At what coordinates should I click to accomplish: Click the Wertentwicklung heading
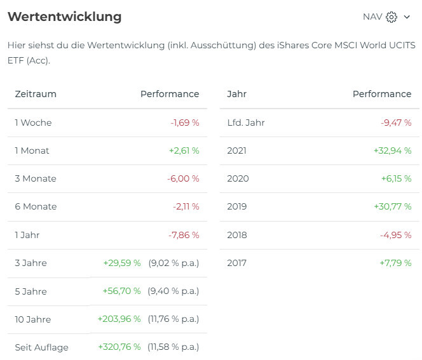(x=64, y=17)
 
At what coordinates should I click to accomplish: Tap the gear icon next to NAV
(x=391, y=17)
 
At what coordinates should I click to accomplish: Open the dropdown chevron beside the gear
(x=407, y=17)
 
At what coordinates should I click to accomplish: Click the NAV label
(x=372, y=17)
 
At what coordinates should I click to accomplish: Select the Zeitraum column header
(x=36, y=94)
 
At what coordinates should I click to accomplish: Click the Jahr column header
(x=236, y=94)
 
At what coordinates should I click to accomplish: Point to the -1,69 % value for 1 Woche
(x=185, y=123)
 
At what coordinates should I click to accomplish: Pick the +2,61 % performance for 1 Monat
(x=184, y=150)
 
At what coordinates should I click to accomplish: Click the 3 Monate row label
(x=36, y=178)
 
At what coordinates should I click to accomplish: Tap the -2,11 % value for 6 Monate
(x=186, y=206)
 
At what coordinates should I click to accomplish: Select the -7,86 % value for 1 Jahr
(x=184, y=235)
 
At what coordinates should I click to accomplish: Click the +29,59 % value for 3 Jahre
(x=122, y=263)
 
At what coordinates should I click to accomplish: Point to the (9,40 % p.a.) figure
(x=174, y=291)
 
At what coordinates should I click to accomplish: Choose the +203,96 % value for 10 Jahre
(x=119, y=319)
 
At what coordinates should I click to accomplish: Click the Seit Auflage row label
(x=42, y=347)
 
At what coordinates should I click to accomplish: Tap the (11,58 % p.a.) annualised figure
(x=174, y=347)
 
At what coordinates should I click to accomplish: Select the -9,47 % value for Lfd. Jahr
(x=397, y=123)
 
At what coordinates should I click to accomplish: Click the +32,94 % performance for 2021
(x=393, y=150)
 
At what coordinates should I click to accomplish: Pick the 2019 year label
(x=237, y=206)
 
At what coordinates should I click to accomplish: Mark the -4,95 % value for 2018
(x=396, y=235)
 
